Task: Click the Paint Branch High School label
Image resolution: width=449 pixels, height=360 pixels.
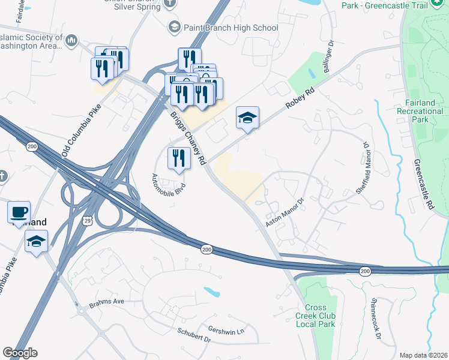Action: coord(231,28)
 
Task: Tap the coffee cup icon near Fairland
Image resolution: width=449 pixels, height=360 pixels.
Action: coord(19,212)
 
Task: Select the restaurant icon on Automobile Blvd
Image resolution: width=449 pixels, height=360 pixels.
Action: coord(178,158)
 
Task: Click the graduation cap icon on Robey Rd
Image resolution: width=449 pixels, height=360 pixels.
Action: coord(247,118)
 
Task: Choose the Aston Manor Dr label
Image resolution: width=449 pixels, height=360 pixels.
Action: coord(286,209)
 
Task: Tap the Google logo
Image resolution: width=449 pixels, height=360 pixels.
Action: coord(20,353)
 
